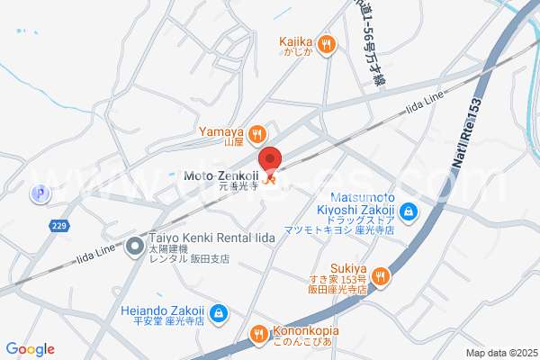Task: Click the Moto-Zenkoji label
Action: click(x=221, y=175)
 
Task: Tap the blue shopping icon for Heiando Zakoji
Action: click(x=220, y=313)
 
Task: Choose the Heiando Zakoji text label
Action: click(x=163, y=314)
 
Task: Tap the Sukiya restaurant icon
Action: click(x=381, y=275)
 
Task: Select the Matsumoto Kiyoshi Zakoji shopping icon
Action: click(x=409, y=211)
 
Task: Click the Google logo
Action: click(x=31, y=349)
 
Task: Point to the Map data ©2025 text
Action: click(x=500, y=353)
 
